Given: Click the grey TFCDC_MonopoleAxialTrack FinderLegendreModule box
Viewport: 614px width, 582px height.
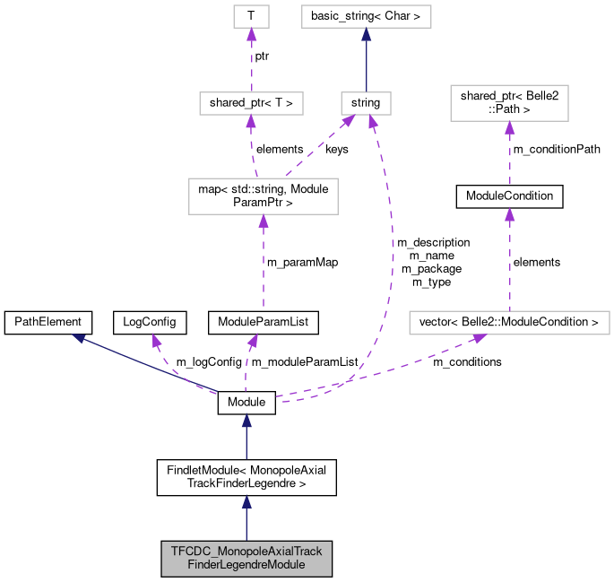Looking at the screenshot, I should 246,558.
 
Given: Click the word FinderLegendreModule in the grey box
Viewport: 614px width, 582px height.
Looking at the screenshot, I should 246,565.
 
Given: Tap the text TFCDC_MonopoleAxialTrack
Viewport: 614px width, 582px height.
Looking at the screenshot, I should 246,551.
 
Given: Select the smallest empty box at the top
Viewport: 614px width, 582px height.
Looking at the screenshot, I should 251,16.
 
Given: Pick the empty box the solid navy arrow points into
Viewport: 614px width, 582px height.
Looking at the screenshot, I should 366,16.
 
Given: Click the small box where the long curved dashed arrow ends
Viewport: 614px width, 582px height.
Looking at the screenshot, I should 366,103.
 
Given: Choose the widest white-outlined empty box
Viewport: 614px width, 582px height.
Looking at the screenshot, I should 509,322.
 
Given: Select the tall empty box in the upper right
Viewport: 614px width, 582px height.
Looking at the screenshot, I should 509,103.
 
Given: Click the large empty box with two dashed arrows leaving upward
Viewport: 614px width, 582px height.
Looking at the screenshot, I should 263,196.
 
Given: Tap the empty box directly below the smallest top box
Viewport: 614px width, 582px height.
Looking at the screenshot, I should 251,103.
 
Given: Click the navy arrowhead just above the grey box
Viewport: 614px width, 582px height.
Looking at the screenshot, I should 246,502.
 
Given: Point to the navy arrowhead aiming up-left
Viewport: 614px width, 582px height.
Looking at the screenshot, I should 79,338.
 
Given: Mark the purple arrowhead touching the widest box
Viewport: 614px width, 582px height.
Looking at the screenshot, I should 480,338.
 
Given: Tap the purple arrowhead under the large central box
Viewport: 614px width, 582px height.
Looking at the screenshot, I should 264,221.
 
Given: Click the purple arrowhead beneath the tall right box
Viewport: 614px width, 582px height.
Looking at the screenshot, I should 509,127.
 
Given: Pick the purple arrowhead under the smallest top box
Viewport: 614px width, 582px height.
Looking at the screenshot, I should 251,34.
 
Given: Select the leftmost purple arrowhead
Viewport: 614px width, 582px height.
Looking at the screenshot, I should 156,340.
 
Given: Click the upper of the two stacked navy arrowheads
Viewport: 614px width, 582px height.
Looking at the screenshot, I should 246,421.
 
